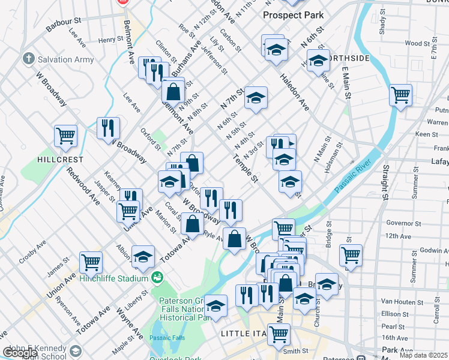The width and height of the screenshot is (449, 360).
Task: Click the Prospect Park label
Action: pos(294,15)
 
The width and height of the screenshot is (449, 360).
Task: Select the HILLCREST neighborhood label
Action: pos(60,160)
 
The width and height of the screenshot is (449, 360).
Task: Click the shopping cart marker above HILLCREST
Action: pos(65,135)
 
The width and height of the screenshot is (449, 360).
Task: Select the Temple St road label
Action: pos(246,169)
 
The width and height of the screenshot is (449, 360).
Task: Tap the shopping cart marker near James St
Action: pos(91,261)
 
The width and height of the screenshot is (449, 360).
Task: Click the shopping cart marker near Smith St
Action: pos(279,334)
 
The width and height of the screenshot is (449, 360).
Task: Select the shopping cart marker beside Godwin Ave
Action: pos(351,254)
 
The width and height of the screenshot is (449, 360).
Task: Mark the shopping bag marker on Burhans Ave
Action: pos(173,92)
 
